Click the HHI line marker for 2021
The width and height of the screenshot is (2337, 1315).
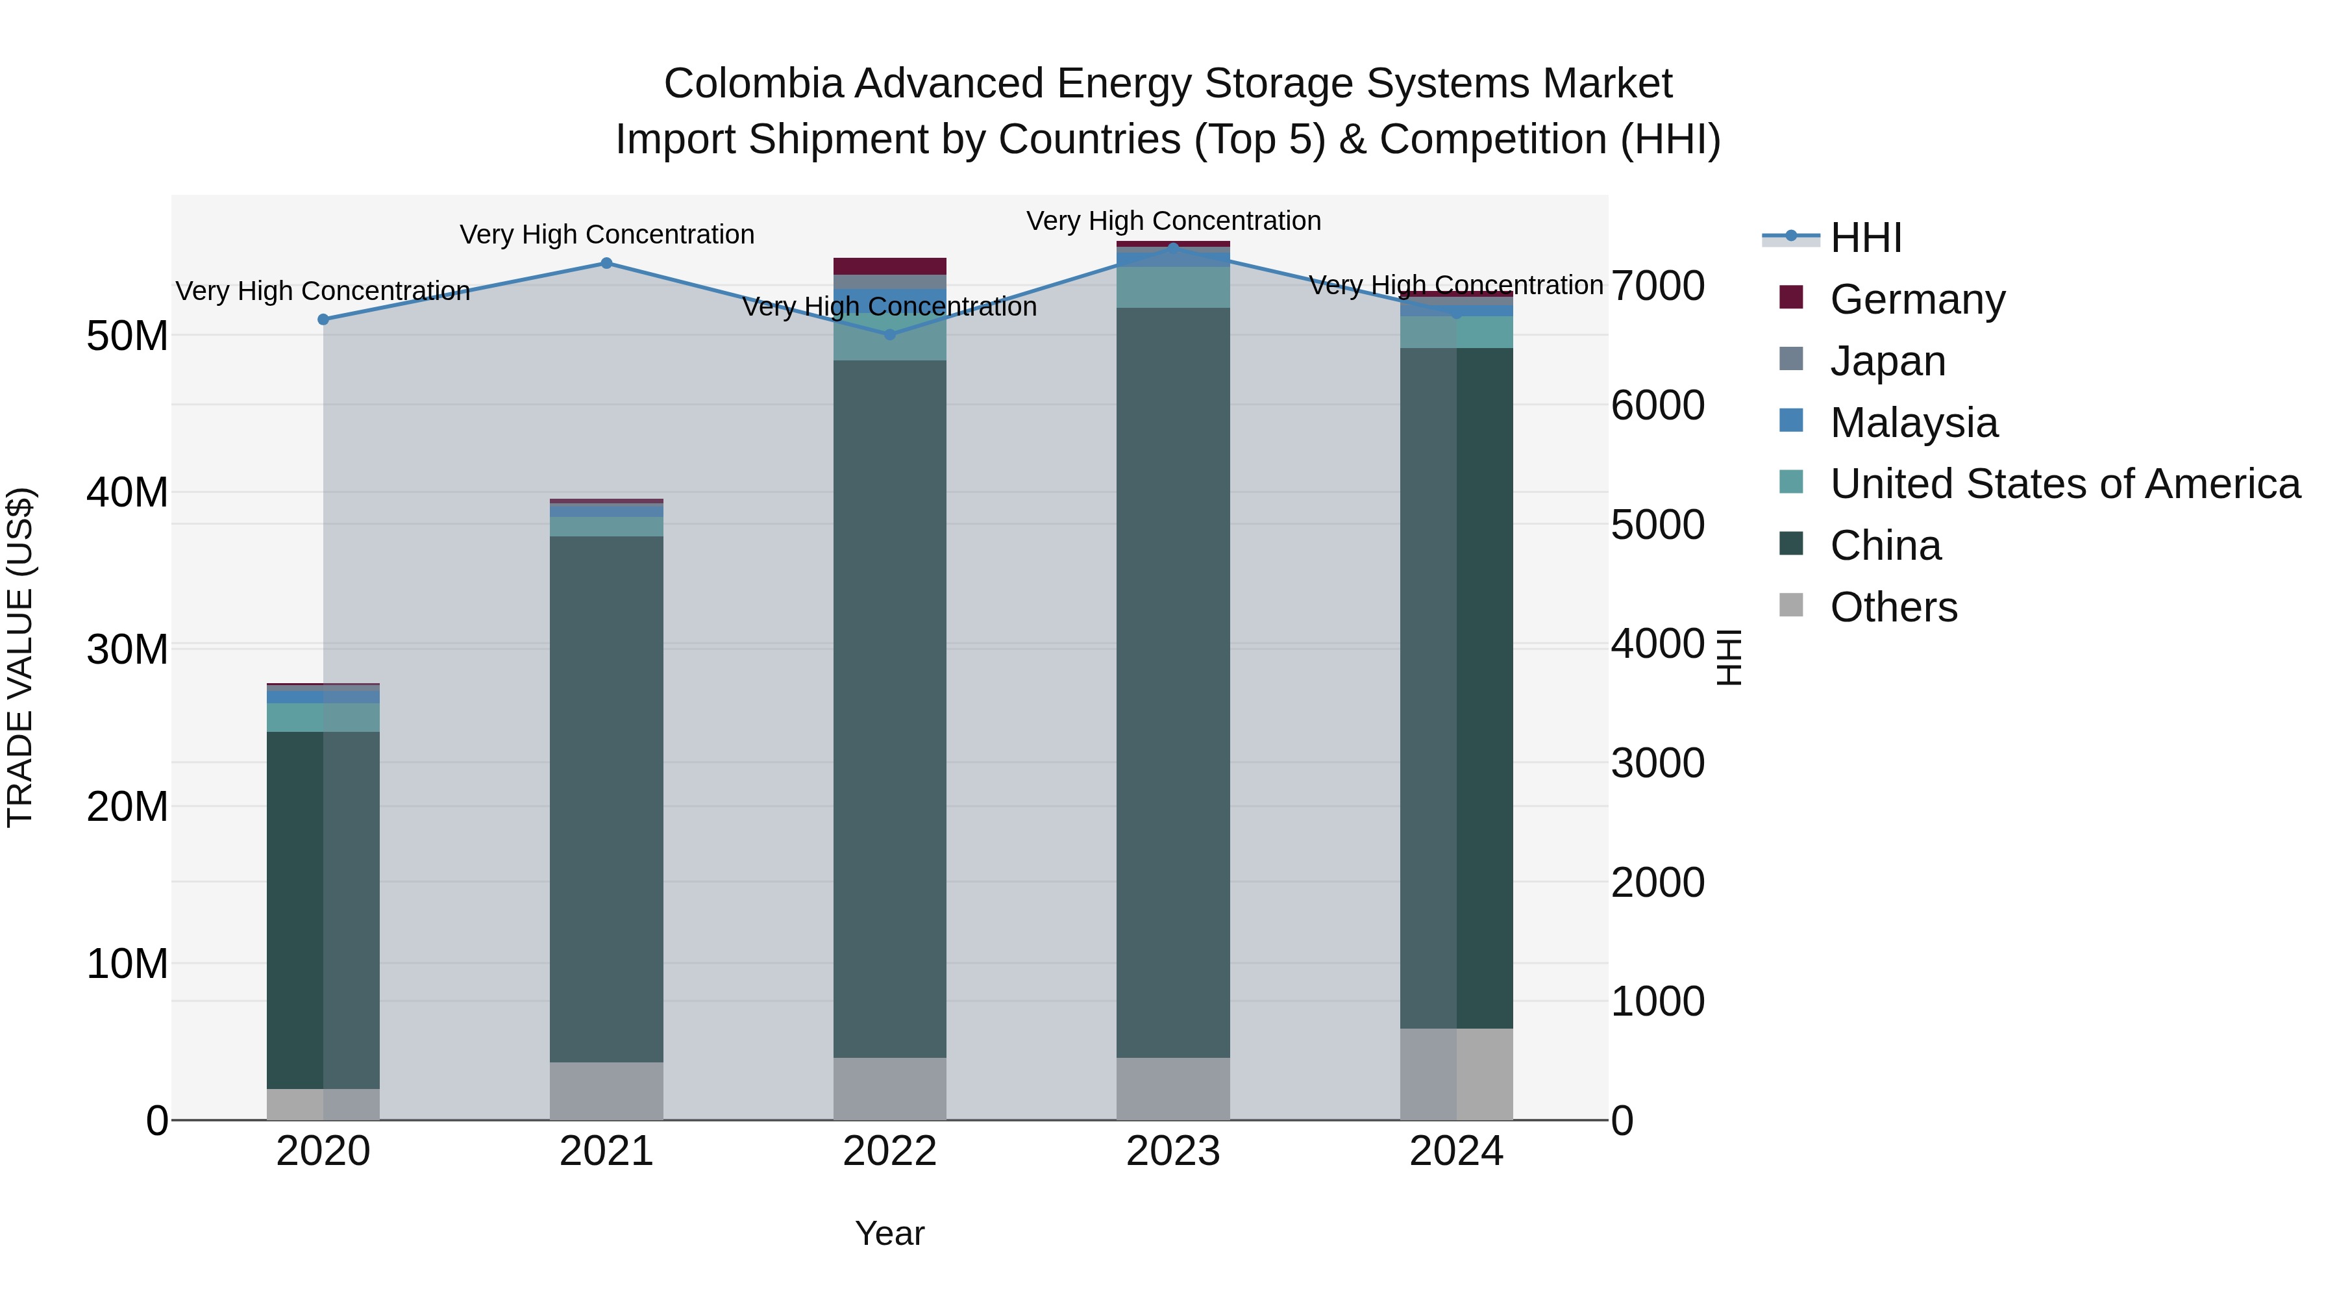pos(606,263)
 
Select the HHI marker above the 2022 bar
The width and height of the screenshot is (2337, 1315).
pos(889,334)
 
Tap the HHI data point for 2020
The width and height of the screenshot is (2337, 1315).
pos(323,319)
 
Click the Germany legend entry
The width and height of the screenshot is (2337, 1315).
pos(1916,299)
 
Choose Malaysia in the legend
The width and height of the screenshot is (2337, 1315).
pos(1912,423)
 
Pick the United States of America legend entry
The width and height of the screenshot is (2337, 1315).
pos(2064,484)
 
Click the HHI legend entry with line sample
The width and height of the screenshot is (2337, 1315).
pos(1864,238)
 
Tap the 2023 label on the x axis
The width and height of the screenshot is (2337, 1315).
pos(1172,1151)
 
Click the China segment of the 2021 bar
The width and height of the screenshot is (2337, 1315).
pos(606,799)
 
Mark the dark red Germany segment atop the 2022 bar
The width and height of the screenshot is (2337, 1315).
pos(889,266)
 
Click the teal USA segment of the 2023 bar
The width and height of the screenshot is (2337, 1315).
pos(1172,287)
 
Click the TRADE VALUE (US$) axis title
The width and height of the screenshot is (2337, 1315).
pos(21,657)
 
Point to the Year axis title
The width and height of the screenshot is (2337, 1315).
pos(889,1233)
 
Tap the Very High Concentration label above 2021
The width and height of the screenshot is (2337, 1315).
pos(606,234)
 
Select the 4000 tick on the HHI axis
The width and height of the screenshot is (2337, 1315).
pos(1657,644)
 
